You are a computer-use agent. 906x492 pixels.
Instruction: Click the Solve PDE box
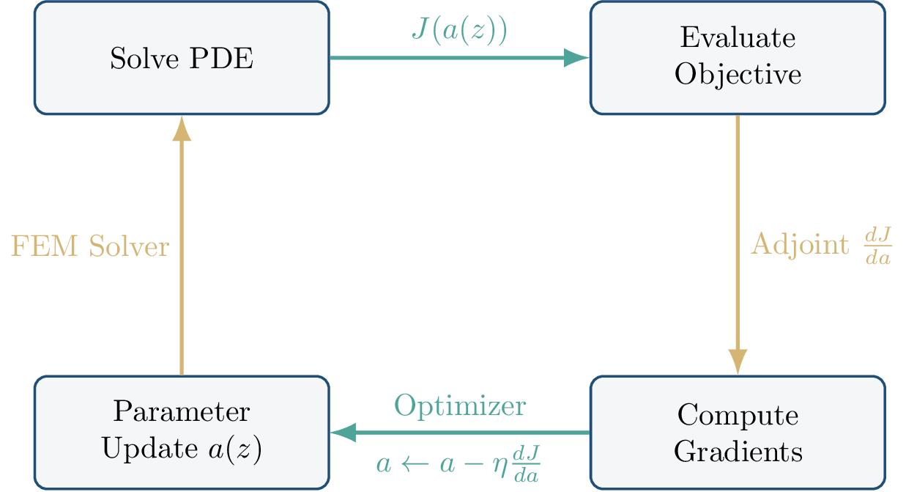click(x=181, y=58)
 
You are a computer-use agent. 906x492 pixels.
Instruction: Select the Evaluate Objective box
click(x=738, y=58)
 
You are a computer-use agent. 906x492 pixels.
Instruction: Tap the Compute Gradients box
click(x=738, y=433)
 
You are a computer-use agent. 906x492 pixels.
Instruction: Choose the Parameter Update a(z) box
click(x=181, y=433)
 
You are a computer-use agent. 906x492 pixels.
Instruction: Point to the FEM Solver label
click(x=89, y=246)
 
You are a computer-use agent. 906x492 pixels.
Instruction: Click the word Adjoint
click(x=801, y=245)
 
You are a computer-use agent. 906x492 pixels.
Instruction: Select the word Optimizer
click(x=459, y=405)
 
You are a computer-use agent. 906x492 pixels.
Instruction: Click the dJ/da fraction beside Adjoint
click(x=877, y=246)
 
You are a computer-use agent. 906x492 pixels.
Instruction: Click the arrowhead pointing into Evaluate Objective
click(x=576, y=58)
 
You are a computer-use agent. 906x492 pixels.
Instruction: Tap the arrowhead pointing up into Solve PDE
click(x=181, y=129)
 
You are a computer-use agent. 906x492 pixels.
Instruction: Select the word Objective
click(x=738, y=75)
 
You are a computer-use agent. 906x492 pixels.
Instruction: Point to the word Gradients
click(x=738, y=451)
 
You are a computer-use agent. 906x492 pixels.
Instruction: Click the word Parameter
click(x=181, y=412)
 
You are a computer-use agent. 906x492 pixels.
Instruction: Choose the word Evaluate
click(x=738, y=38)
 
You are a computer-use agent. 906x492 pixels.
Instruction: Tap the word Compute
click(x=738, y=415)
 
